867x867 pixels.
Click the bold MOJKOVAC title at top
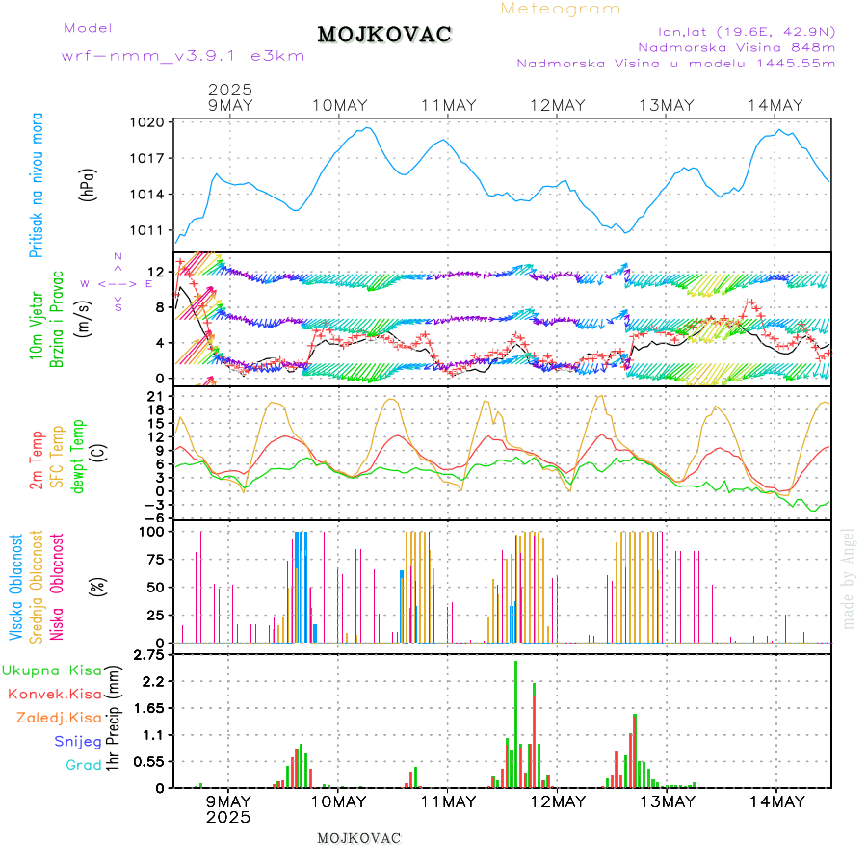[x=384, y=35]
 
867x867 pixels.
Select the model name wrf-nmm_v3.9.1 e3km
[x=182, y=55]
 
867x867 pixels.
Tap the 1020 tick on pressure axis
[x=150, y=122]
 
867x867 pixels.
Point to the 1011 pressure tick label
[x=150, y=230]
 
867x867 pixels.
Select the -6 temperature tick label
[x=154, y=517]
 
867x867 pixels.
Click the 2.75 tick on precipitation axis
[x=148, y=655]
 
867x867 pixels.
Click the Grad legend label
[x=83, y=765]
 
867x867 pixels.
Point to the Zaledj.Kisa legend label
[x=59, y=717]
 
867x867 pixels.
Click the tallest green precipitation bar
[x=515, y=722]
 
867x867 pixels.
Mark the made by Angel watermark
[x=849, y=578]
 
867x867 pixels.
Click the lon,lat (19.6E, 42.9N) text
[x=747, y=30]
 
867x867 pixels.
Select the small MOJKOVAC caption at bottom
[x=358, y=838]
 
